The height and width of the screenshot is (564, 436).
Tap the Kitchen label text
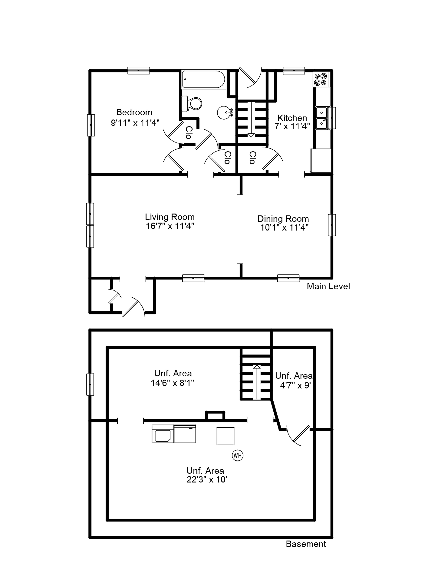click(x=292, y=118)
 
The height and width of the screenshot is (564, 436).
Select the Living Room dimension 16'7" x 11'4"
click(x=170, y=226)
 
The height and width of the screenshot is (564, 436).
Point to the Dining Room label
click(x=283, y=219)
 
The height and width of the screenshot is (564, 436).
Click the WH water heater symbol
click(x=238, y=455)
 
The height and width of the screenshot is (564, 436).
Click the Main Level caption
click(x=328, y=286)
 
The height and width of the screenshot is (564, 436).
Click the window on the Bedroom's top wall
click(x=138, y=70)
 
